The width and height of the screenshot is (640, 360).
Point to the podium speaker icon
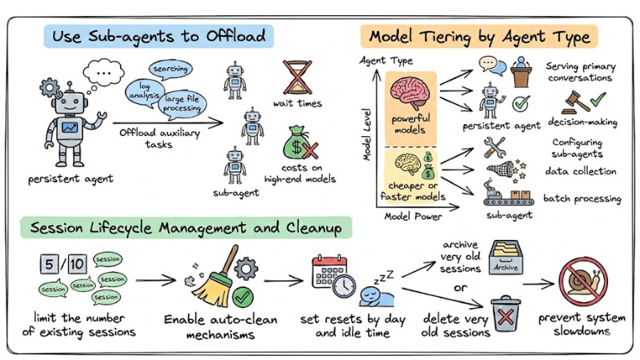coord(520,72)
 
